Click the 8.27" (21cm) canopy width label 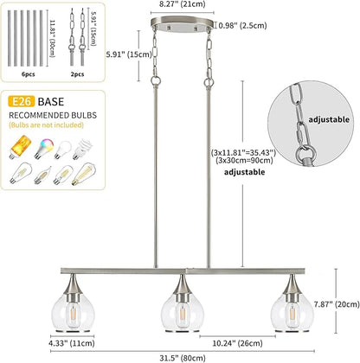(x=183, y=4)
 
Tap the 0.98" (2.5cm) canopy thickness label (x=242, y=25)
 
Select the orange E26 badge (x=22, y=101)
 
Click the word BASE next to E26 (x=51, y=102)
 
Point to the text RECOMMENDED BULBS (x=53, y=115)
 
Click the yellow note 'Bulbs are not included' (x=46, y=125)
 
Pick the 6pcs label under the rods (x=29, y=74)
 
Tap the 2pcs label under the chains (x=77, y=74)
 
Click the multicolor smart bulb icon (x=43, y=148)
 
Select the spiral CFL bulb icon (x=82, y=149)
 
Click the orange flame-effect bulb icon (x=20, y=147)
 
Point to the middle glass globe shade (x=183, y=311)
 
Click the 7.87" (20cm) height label (x=337, y=304)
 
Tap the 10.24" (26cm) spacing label (x=237, y=343)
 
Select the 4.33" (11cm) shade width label (x=72, y=343)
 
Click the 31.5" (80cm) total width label (x=183, y=358)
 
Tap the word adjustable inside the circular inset (x=329, y=119)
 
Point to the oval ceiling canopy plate (x=182, y=23)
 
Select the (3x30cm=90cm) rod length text (x=244, y=160)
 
